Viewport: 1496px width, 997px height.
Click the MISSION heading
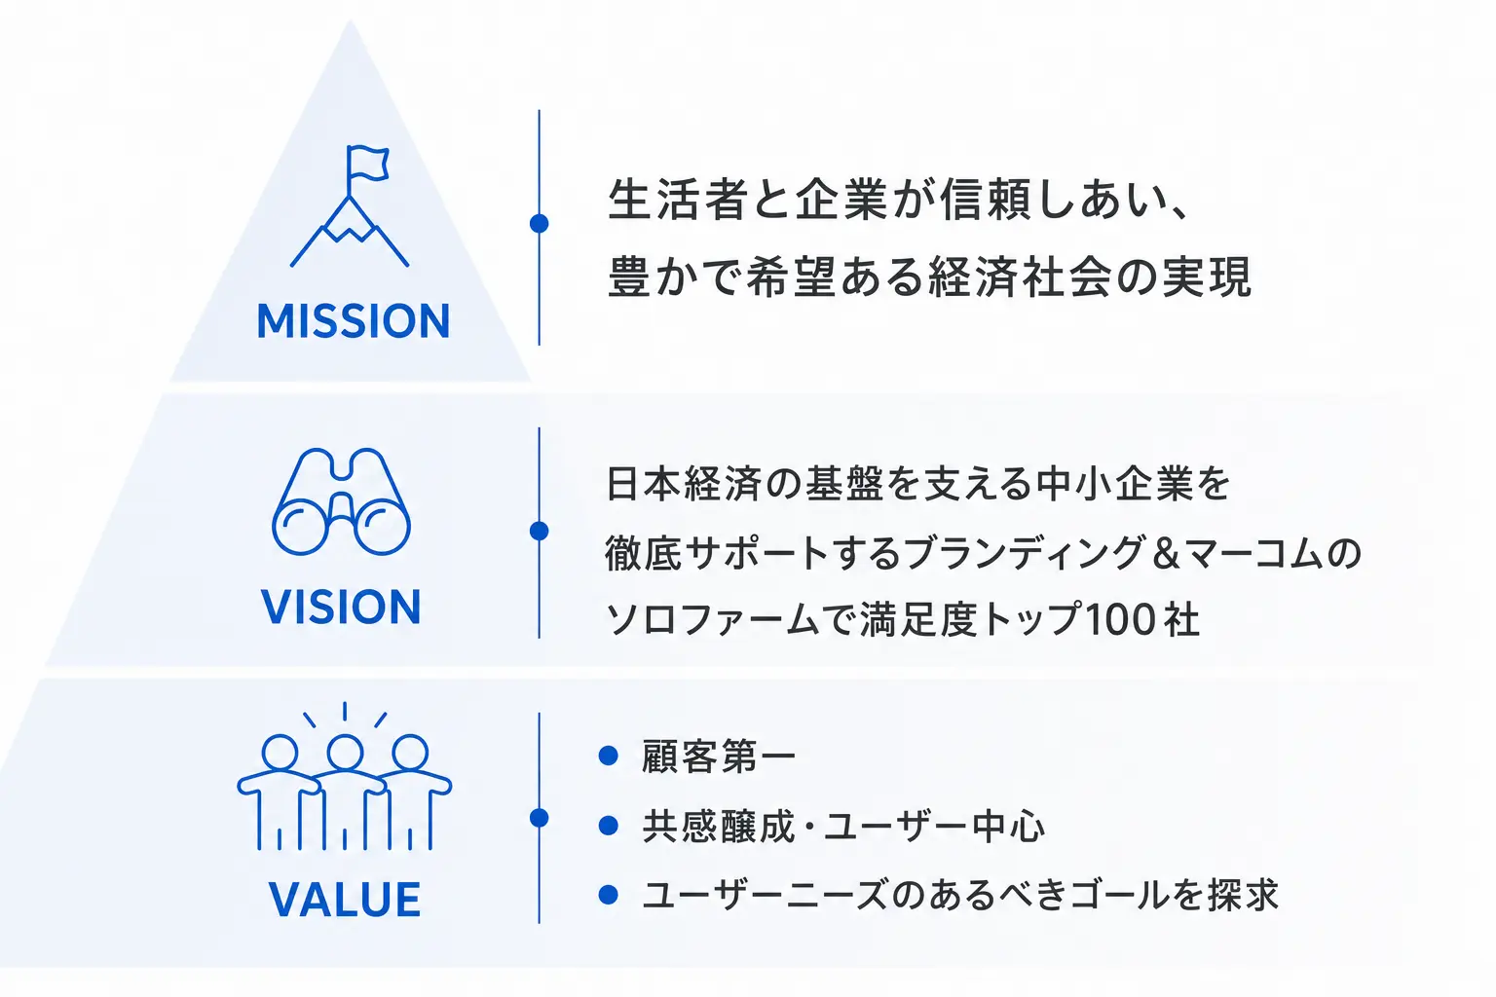coord(354,321)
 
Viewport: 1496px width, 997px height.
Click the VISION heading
coord(341,607)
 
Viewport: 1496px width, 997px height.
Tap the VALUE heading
coord(345,900)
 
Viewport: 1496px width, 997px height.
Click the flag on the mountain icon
coord(367,164)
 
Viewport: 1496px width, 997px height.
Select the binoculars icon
coord(341,501)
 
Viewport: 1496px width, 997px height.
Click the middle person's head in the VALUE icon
coord(345,753)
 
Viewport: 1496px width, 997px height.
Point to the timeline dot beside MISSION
coord(539,224)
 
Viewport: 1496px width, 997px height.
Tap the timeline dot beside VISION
coord(539,531)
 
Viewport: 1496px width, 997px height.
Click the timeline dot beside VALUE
coord(539,818)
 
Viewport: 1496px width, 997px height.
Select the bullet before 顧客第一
coord(609,756)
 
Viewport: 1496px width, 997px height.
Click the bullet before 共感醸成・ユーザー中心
coord(609,826)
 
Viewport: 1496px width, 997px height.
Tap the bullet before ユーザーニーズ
coord(609,895)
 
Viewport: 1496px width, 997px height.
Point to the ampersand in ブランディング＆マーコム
coord(1167,554)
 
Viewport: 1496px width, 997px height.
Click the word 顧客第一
coord(719,756)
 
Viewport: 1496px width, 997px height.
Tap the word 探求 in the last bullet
coord(1243,895)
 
